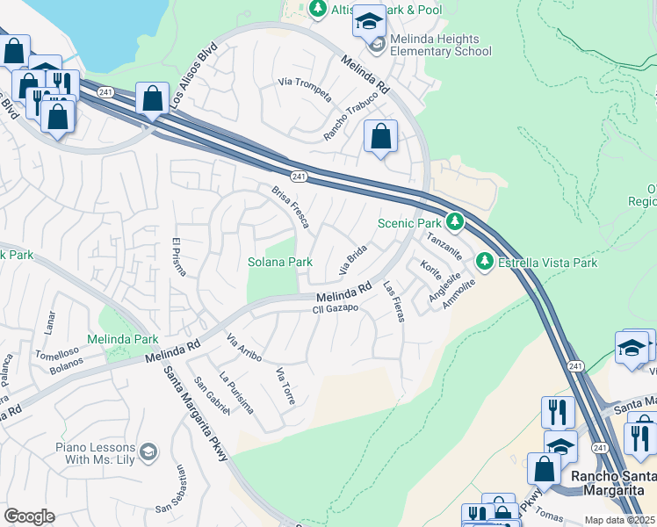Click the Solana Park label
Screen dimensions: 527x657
(279, 262)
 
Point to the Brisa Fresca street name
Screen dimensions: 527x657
(290, 206)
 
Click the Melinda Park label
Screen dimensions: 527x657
(122, 339)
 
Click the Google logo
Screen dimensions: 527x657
(29, 516)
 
